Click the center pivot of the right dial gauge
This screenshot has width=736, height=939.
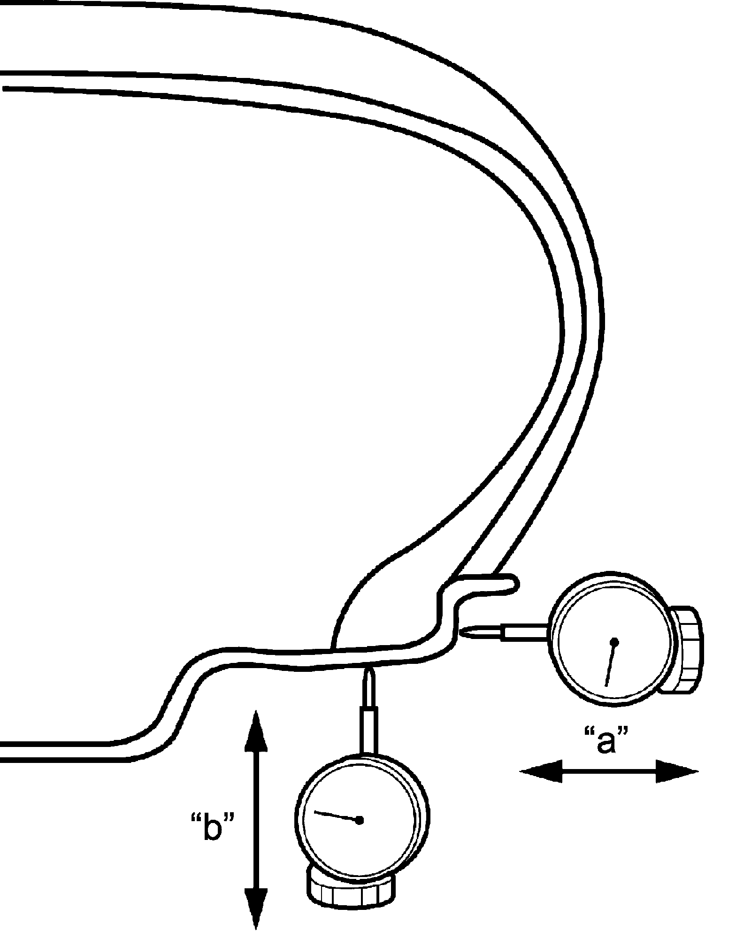coord(614,641)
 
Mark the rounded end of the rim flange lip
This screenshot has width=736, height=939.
coord(515,584)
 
